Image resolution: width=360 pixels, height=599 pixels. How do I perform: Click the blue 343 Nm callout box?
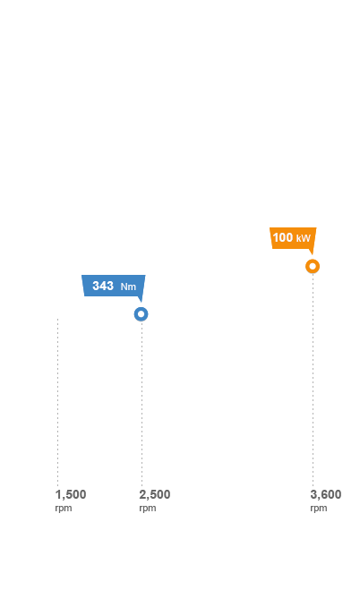(114, 286)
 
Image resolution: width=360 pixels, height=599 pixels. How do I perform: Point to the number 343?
(103, 286)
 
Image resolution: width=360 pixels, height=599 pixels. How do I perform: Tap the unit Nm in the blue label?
(128, 287)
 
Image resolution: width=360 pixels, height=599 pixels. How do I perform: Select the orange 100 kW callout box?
(293, 238)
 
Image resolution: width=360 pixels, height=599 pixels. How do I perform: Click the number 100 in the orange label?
(283, 237)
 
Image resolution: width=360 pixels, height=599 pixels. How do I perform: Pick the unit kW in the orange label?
(304, 239)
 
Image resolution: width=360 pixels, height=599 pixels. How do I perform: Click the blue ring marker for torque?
(141, 314)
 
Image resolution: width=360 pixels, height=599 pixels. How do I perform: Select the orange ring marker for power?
(313, 266)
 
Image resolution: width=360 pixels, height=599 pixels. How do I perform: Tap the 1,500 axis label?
(71, 495)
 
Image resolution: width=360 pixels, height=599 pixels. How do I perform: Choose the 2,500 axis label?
(155, 495)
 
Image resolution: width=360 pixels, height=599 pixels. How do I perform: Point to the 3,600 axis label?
(326, 495)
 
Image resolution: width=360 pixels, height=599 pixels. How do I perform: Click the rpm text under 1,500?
(64, 509)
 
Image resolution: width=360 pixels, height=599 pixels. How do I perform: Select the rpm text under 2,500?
(148, 509)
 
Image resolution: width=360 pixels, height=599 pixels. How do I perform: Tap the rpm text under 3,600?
(319, 509)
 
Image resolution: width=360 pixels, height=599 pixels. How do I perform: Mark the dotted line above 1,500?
(57, 402)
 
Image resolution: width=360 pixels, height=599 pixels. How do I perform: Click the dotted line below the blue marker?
(141, 404)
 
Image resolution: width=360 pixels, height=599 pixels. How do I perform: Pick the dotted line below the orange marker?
(313, 381)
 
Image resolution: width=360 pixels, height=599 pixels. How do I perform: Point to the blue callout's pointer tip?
(141, 302)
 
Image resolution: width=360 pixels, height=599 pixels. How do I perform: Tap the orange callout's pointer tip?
(313, 254)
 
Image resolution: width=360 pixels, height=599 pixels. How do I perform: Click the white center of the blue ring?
(141, 314)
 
